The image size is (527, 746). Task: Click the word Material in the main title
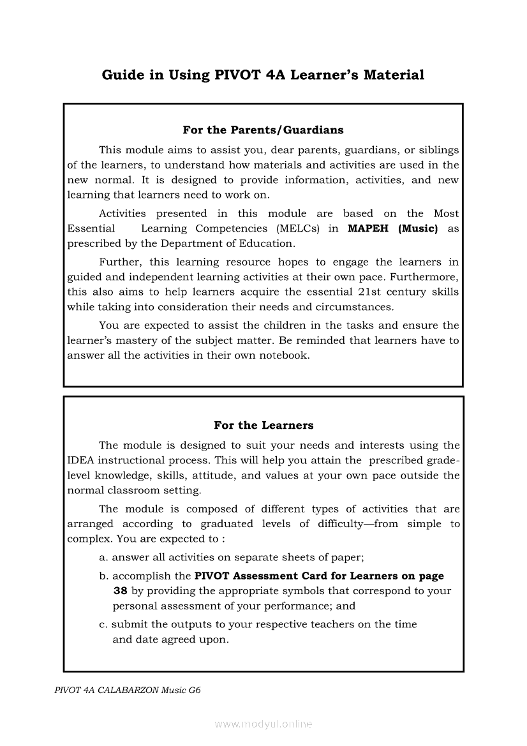tap(394, 75)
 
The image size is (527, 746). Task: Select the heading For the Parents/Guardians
tap(263, 130)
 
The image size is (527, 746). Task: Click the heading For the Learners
tap(263, 425)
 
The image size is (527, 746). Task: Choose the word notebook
tap(284, 355)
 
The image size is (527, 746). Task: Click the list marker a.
tap(103, 557)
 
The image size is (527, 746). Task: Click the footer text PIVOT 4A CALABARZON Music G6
tap(128, 690)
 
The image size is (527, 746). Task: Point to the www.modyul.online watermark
tap(263, 724)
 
